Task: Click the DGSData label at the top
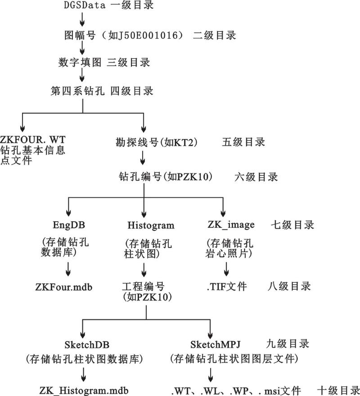pyautogui.click(x=85, y=5)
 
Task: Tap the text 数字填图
pyautogui.click(x=80, y=62)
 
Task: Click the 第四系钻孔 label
pyautogui.click(x=77, y=91)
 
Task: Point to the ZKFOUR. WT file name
pyautogui.click(x=32, y=140)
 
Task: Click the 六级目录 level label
pyautogui.click(x=256, y=177)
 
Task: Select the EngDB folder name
pyautogui.click(x=68, y=225)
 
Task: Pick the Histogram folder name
pyautogui.click(x=151, y=225)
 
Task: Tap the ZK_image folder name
pyautogui.click(x=231, y=224)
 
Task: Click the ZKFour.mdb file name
pyautogui.click(x=64, y=287)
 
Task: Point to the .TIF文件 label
pyautogui.click(x=227, y=287)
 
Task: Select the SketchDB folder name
pyautogui.click(x=87, y=345)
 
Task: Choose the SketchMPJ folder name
pyautogui.click(x=216, y=345)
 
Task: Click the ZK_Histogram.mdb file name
pyautogui.click(x=84, y=391)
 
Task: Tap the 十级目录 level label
pyautogui.click(x=338, y=391)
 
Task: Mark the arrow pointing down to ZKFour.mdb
pyautogui.click(x=68, y=269)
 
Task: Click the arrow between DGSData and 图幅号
pyautogui.click(x=82, y=19)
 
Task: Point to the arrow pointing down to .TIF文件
pyautogui.click(x=226, y=269)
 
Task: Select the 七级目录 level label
pyautogui.click(x=292, y=225)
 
